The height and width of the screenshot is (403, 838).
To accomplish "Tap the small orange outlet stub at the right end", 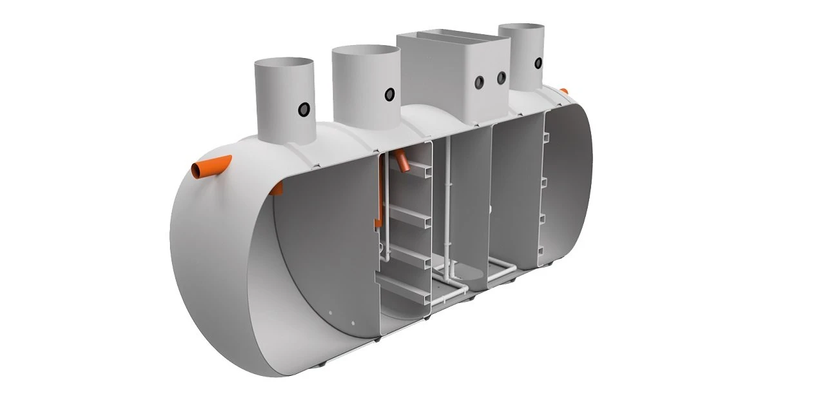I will (563, 92).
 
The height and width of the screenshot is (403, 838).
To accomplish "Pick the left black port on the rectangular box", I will (480, 82).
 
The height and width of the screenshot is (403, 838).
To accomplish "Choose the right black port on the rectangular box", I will (501, 77).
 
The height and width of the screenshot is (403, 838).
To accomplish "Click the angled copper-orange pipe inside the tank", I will (405, 161).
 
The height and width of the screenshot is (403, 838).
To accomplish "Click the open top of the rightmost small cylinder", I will (521, 29).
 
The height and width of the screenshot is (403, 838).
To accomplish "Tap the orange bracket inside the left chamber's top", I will (277, 188).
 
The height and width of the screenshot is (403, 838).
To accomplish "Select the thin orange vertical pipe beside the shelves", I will (380, 193).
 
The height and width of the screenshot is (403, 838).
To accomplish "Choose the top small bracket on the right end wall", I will (545, 137).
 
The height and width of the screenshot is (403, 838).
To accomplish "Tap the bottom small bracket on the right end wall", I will (542, 250).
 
